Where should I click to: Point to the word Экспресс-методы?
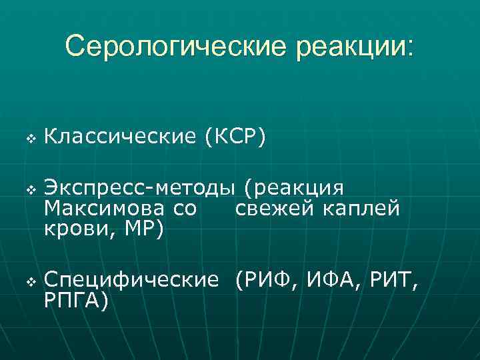(x=140, y=190)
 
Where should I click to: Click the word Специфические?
(x=131, y=281)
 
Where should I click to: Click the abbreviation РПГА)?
(x=75, y=300)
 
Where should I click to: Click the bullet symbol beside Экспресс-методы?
(x=29, y=191)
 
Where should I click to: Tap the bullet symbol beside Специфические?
(x=29, y=282)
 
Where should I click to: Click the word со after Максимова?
(x=185, y=209)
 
